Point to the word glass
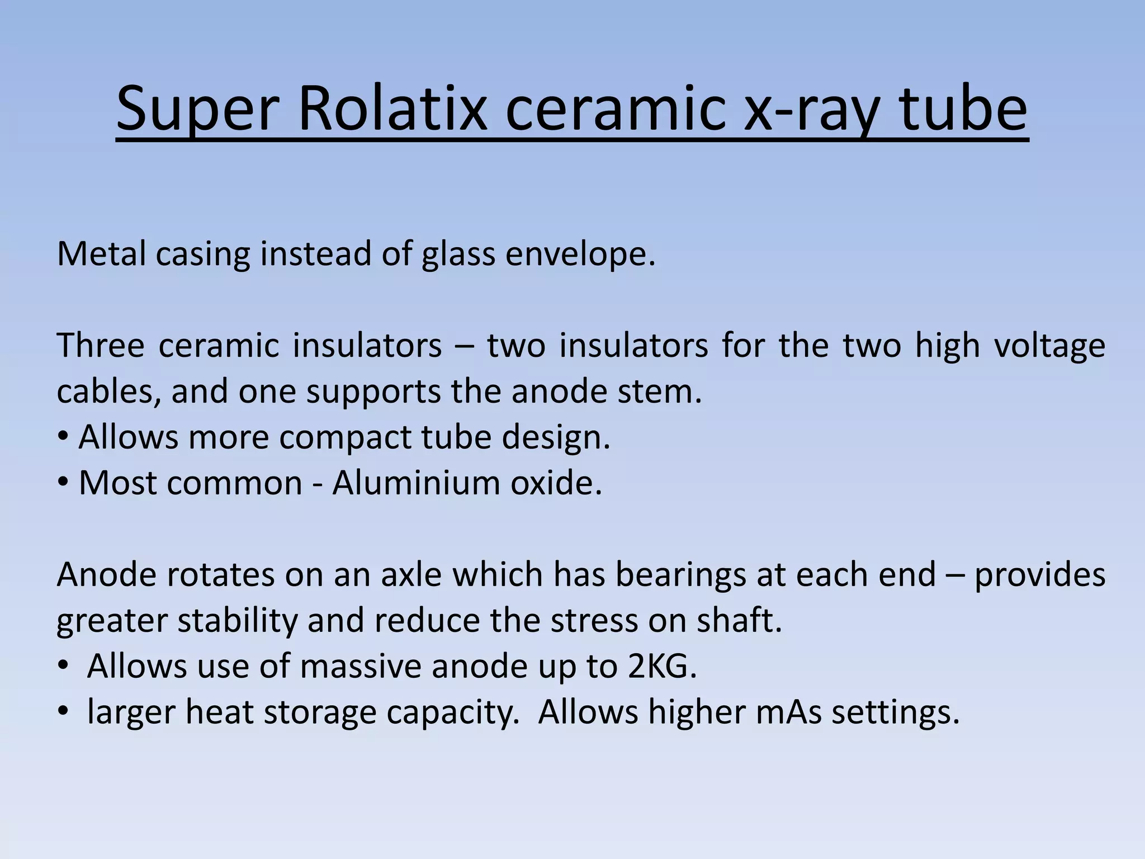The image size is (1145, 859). (458, 255)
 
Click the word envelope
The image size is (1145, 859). (579, 255)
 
